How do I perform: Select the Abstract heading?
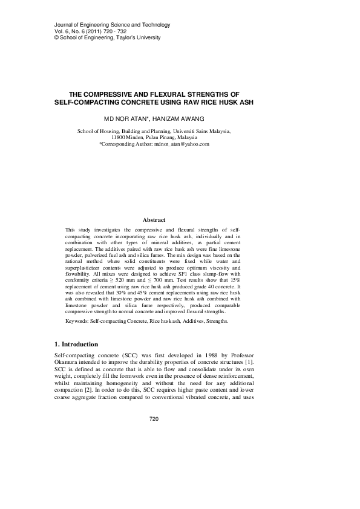pos(154,220)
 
